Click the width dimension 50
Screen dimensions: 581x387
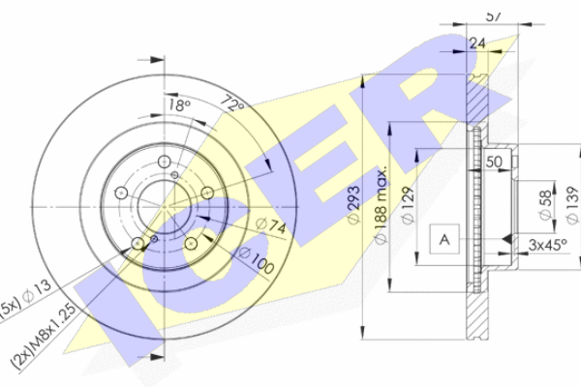494,162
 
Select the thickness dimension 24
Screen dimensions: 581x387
476,43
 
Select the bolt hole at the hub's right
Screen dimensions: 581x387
206,192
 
